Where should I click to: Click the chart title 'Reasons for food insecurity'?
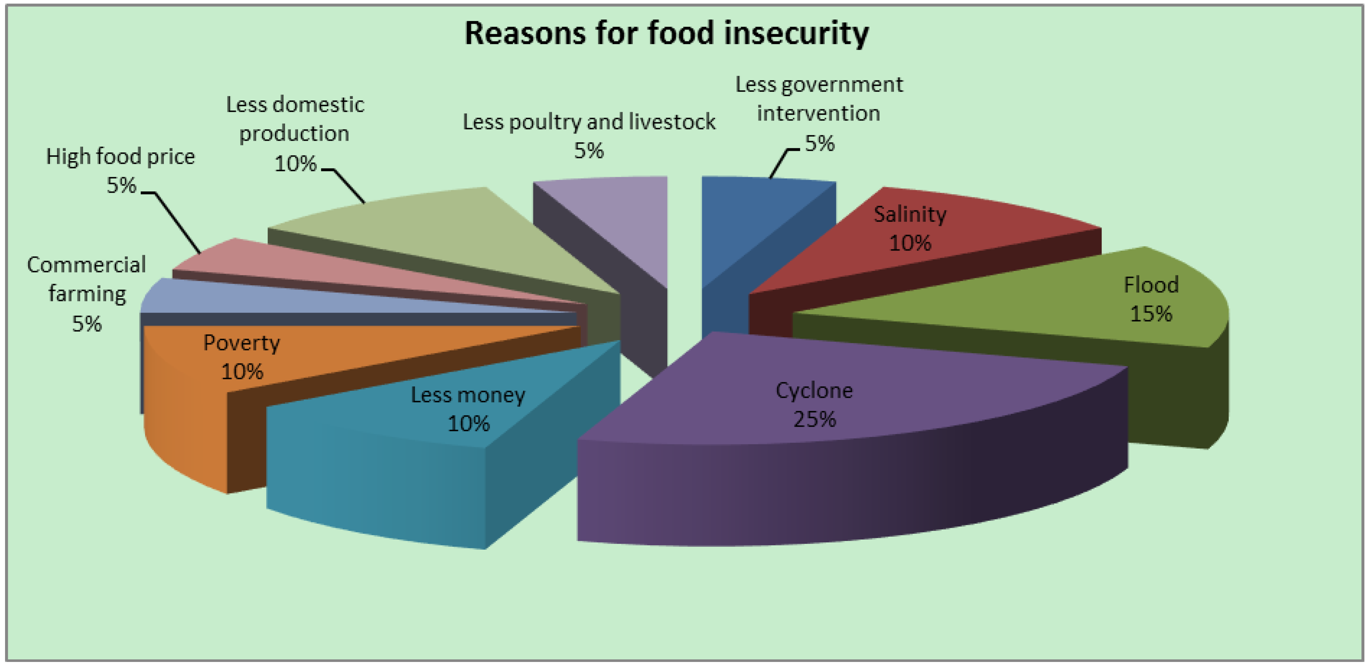pos(667,33)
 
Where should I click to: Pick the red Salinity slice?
pos(956,234)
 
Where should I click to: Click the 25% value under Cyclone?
pos(814,420)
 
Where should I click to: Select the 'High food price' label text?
pos(120,157)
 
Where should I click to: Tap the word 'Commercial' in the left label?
pos(87,265)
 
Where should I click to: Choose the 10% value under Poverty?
pos(242,371)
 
